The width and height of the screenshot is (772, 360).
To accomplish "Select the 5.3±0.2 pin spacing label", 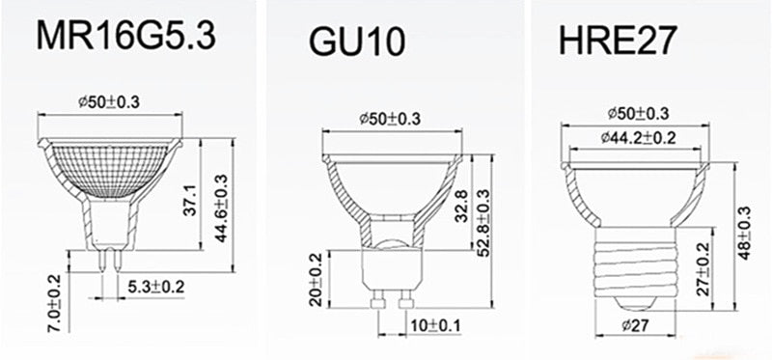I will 155,287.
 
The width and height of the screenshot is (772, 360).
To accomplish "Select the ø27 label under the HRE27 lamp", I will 633,325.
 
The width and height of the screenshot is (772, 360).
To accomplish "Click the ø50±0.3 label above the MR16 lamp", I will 108,101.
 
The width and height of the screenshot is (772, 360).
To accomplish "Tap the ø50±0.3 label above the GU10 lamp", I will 390,119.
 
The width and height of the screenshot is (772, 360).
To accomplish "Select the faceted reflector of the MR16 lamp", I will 109,164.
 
